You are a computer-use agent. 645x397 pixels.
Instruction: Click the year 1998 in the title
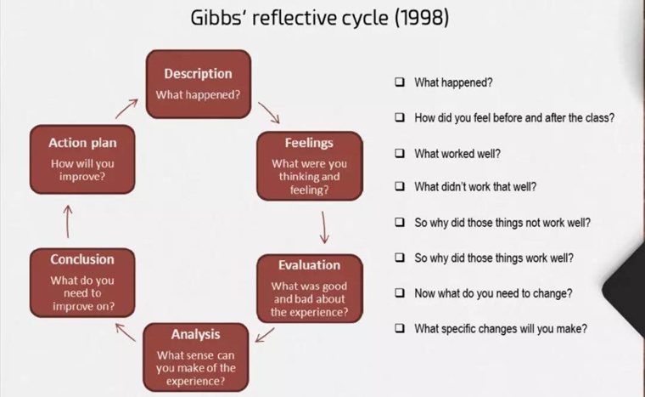(x=421, y=18)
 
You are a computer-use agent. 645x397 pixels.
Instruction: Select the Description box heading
(x=199, y=73)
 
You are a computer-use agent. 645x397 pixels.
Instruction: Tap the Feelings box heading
(x=309, y=143)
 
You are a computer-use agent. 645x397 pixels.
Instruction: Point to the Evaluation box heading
(x=309, y=265)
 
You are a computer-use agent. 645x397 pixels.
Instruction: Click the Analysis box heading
(x=196, y=334)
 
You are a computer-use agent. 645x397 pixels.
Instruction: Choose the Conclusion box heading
(x=82, y=259)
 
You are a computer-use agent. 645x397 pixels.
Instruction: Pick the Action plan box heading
(x=82, y=143)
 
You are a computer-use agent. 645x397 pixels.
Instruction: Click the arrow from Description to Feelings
(x=269, y=113)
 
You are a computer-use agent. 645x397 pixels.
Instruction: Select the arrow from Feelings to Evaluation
(x=324, y=227)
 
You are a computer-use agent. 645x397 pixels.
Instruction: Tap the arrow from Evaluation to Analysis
(x=265, y=335)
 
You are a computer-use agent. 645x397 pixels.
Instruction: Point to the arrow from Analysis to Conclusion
(x=126, y=332)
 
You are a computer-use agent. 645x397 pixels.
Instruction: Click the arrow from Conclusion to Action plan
(x=68, y=221)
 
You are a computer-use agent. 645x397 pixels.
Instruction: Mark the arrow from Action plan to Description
(x=126, y=109)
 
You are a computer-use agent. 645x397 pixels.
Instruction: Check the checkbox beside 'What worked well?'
(x=400, y=153)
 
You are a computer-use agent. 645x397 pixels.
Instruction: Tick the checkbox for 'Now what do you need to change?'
(x=400, y=292)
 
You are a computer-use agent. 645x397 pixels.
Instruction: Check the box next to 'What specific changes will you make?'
(x=400, y=328)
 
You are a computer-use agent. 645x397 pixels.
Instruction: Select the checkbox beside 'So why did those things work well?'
(x=400, y=258)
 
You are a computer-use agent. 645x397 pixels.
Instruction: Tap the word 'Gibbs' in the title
(x=218, y=18)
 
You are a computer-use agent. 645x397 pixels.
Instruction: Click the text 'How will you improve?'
(x=82, y=170)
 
